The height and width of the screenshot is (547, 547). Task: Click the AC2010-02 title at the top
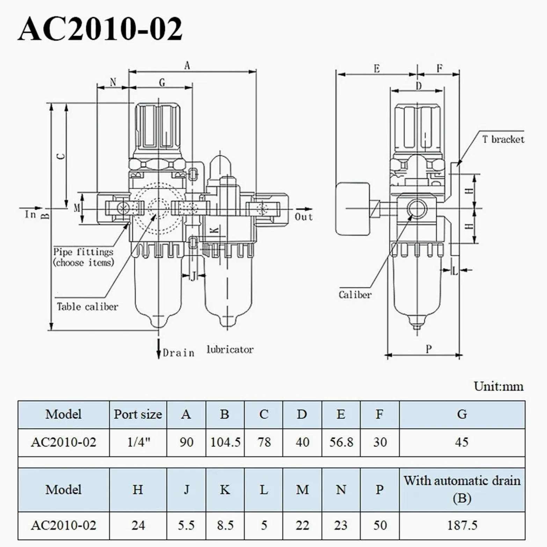click(x=100, y=28)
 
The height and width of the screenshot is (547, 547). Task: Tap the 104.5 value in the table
click(x=225, y=442)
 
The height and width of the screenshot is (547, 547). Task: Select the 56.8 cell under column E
click(x=341, y=442)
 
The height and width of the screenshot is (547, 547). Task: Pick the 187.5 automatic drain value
click(x=462, y=525)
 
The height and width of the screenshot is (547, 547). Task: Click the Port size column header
click(x=138, y=414)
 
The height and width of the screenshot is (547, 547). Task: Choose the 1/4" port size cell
click(x=138, y=442)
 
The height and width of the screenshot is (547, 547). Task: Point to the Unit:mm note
click(x=498, y=386)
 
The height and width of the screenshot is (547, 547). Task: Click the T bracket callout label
click(x=503, y=139)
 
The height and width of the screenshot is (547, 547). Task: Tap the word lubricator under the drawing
click(x=230, y=349)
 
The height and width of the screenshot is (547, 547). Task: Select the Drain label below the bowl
click(x=178, y=353)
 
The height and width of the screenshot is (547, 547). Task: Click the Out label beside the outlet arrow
click(x=304, y=217)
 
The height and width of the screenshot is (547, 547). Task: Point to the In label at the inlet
click(x=31, y=214)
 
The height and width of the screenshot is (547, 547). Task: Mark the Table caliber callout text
click(x=87, y=307)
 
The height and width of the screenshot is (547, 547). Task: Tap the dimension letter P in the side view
click(x=429, y=349)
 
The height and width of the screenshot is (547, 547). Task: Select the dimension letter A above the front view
click(x=187, y=65)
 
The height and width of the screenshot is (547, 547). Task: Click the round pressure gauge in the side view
click(x=352, y=209)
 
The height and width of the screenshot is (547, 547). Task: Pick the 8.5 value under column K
click(x=225, y=525)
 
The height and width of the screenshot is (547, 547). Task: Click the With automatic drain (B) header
click(x=462, y=489)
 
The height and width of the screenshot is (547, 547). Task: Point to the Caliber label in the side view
click(x=355, y=294)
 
